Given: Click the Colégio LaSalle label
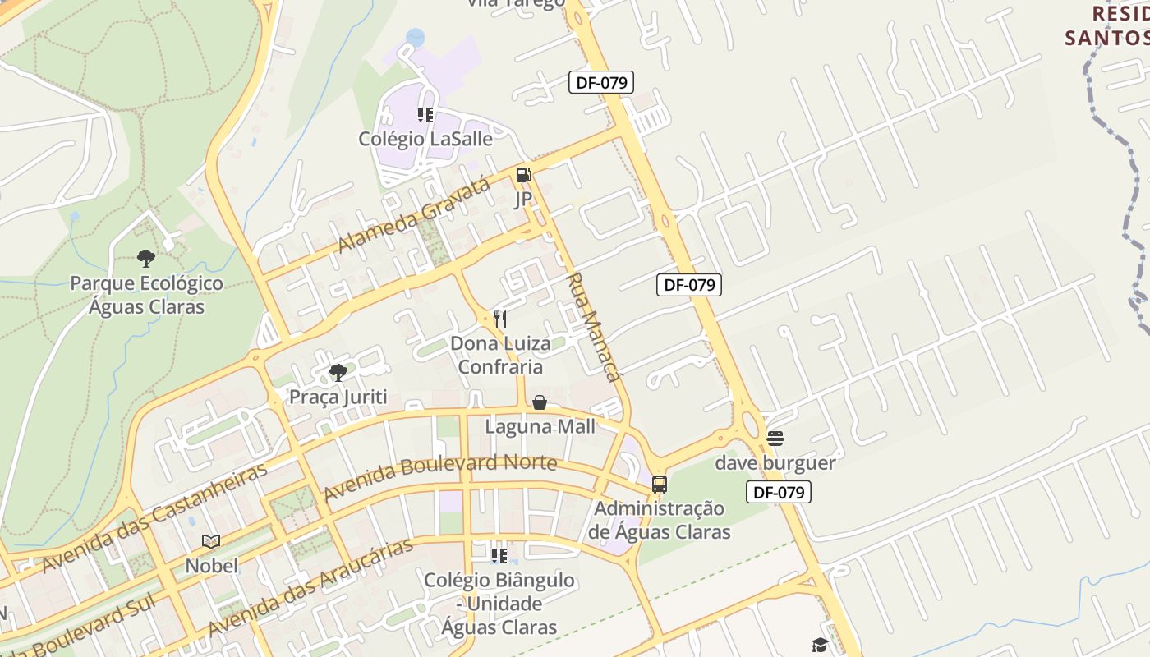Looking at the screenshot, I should pyautogui.click(x=425, y=139).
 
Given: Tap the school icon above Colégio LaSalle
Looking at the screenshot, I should pyautogui.click(x=425, y=115).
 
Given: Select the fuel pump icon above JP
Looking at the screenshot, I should pyautogui.click(x=523, y=175).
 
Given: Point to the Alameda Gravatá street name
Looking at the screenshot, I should pyautogui.click(x=415, y=214).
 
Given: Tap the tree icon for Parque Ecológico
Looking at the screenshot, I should pyautogui.click(x=146, y=260).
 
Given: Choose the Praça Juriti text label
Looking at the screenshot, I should pyautogui.click(x=338, y=397).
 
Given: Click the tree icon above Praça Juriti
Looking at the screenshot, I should pyautogui.click(x=338, y=373).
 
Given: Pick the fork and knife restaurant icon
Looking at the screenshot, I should pyautogui.click(x=499, y=319).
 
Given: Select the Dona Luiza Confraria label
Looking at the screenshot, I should pyautogui.click(x=501, y=355).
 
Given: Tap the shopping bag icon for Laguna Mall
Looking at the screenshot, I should pyautogui.click(x=540, y=402).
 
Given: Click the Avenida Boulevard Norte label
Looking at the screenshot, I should pyautogui.click(x=440, y=477).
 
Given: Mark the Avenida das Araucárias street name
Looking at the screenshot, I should pyautogui.click(x=310, y=587).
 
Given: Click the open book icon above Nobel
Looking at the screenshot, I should pyautogui.click(x=211, y=541).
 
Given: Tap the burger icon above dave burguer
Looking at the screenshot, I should pyautogui.click(x=775, y=439).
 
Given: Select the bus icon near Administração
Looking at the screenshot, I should pyautogui.click(x=659, y=484).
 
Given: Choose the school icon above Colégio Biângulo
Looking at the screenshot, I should pyautogui.click(x=499, y=556).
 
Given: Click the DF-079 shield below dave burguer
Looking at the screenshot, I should pyautogui.click(x=779, y=492).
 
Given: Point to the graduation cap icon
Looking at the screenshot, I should pyautogui.click(x=819, y=645).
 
